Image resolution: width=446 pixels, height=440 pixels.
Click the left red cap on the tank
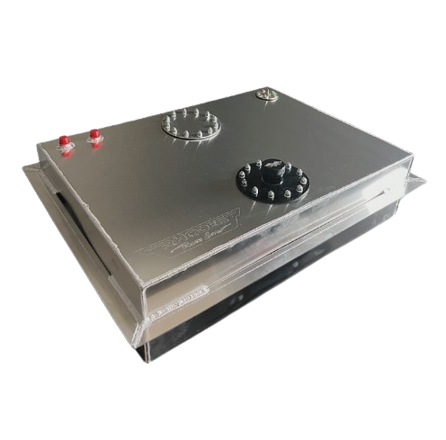[64, 142]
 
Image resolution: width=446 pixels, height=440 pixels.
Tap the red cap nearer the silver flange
[93, 137]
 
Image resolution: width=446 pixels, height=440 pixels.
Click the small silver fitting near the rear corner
[266, 93]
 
